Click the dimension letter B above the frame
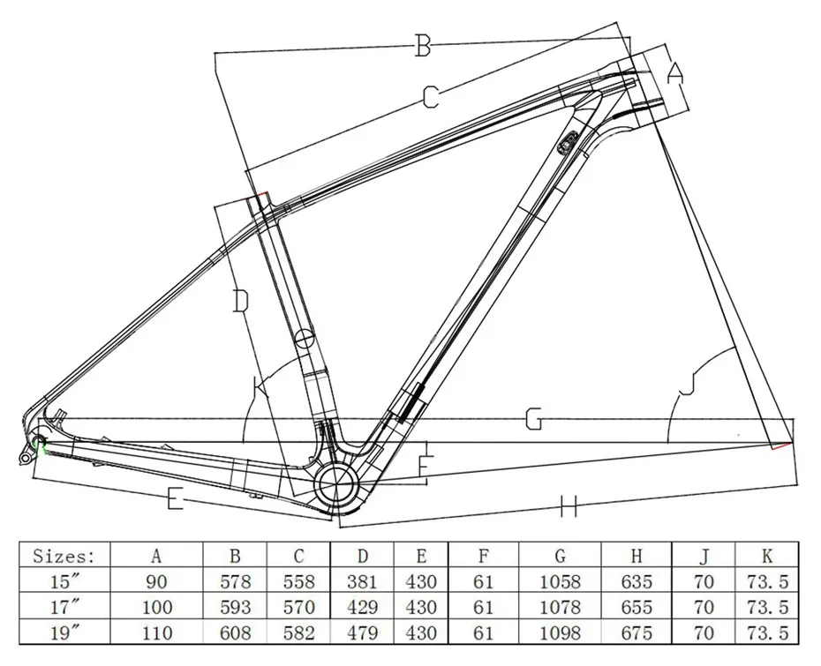(x=423, y=46)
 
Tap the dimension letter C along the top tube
(x=429, y=97)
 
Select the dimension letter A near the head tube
(x=674, y=74)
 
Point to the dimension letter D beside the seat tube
(x=240, y=302)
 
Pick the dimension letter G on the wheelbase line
(x=533, y=420)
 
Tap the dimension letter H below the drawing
(x=569, y=505)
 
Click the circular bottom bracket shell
(x=336, y=483)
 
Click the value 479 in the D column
(x=362, y=633)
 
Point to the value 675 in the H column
(x=636, y=633)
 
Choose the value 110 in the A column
(x=157, y=633)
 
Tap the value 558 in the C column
(x=298, y=582)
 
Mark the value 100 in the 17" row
(x=157, y=608)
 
